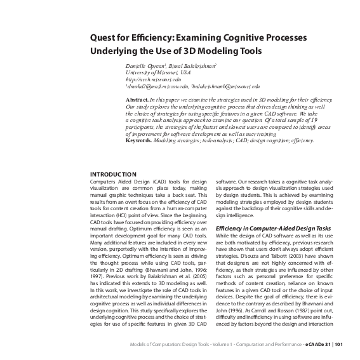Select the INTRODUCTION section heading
pyautogui.click(x=113, y=174)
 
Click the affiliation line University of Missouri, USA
pyautogui.click(x=157, y=73)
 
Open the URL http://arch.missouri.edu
pyautogui.click(x=153, y=79)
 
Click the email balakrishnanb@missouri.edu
pyautogui.click(x=208, y=86)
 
